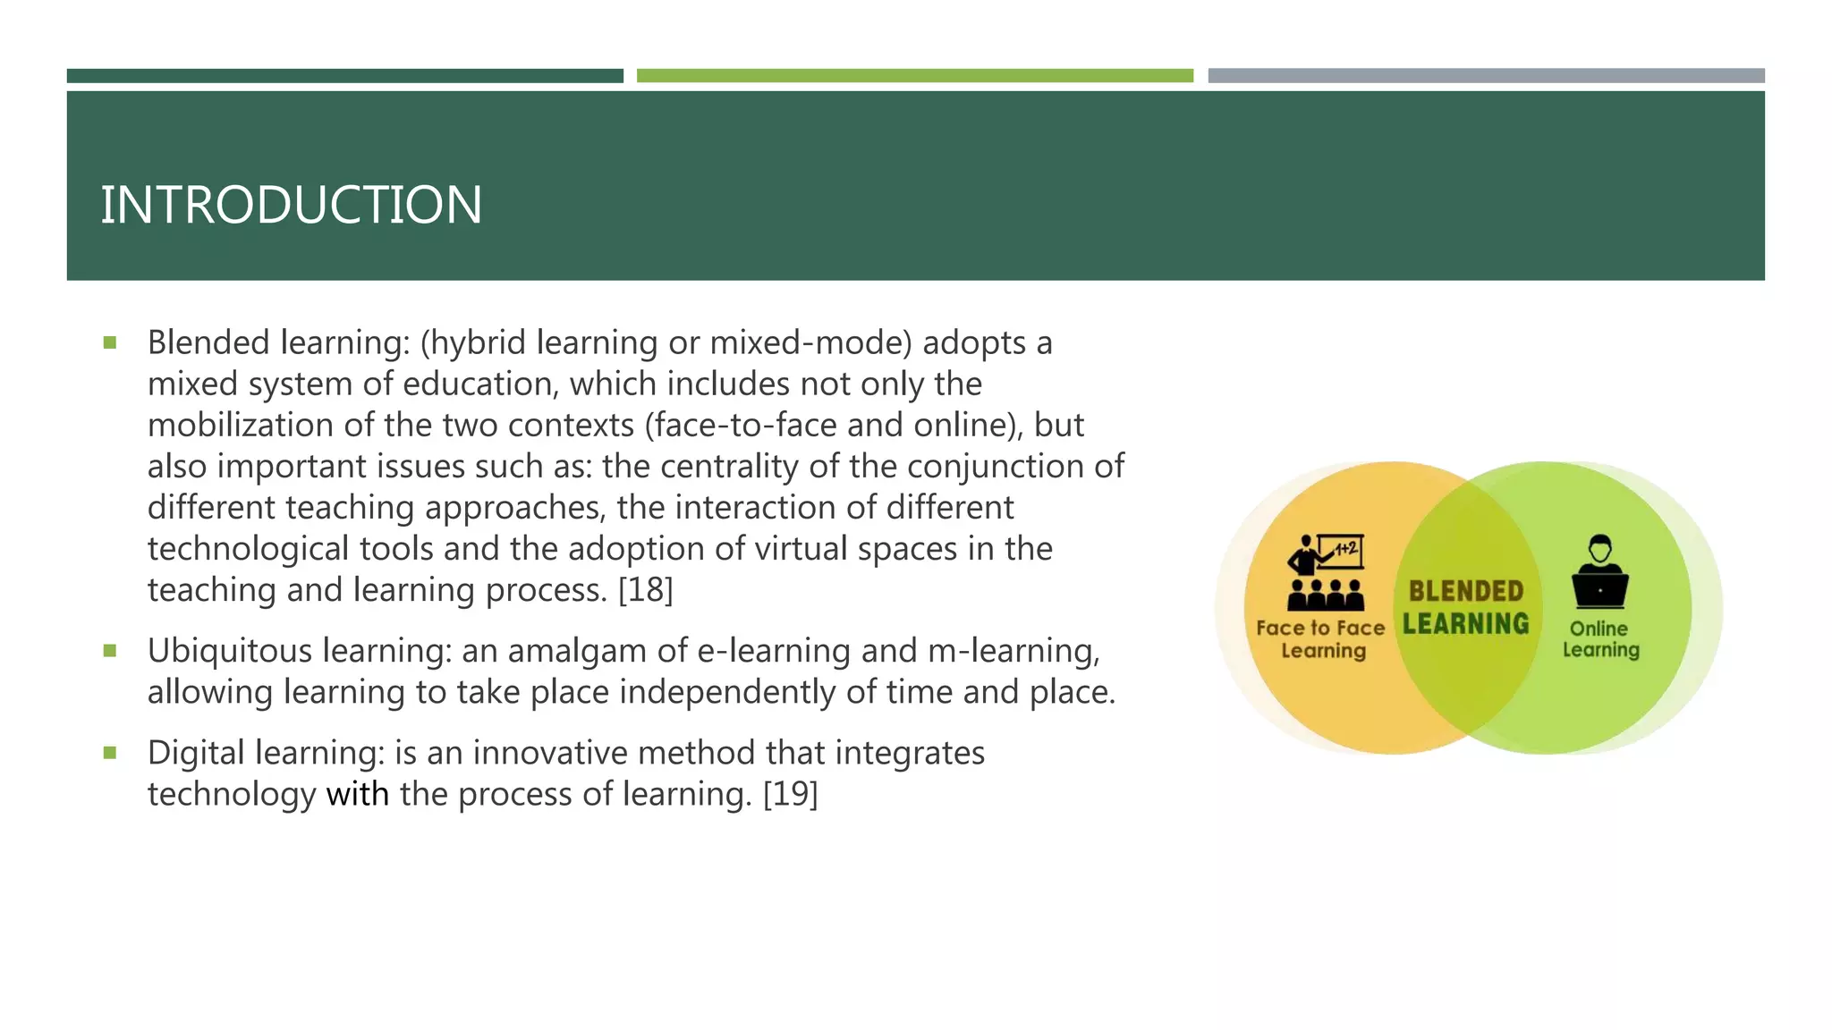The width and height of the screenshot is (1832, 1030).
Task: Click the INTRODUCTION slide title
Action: click(x=291, y=205)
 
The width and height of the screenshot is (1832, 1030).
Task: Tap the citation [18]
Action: click(x=645, y=590)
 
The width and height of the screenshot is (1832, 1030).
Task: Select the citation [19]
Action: click(x=790, y=794)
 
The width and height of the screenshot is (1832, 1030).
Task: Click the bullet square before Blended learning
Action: click(x=110, y=342)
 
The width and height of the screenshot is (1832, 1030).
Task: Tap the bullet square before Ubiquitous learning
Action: click(x=110, y=651)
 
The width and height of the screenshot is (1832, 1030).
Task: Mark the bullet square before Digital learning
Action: click(x=110, y=753)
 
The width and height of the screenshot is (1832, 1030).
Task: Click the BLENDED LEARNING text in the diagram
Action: click(x=1466, y=607)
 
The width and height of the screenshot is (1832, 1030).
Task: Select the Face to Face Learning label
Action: click(x=1321, y=639)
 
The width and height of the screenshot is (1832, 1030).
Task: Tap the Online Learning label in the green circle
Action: click(x=1600, y=639)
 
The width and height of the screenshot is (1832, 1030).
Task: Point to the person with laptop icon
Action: click(x=1599, y=572)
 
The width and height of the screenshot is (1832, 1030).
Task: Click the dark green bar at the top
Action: click(x=344, y=76)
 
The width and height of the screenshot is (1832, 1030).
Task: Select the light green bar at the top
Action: click(x=914, y=76)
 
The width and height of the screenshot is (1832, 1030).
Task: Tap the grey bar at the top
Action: click(x=1486, y=76)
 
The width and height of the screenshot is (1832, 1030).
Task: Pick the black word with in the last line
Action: click(x=357, y=794)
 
